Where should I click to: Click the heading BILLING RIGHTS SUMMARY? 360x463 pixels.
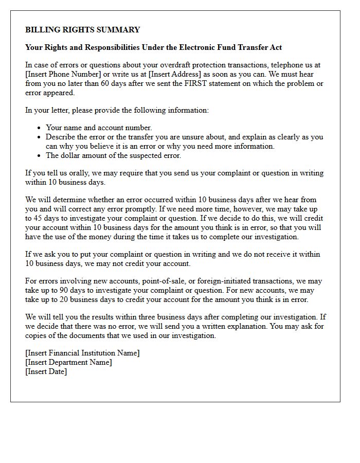tap(82, 30)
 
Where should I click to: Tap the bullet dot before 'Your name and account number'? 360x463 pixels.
tap(39, 128)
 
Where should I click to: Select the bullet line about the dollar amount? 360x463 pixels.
tap(113, 155)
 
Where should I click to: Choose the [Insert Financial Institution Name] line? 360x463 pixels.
tap(82, 353)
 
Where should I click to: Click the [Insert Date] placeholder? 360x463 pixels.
tap(46, 371)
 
